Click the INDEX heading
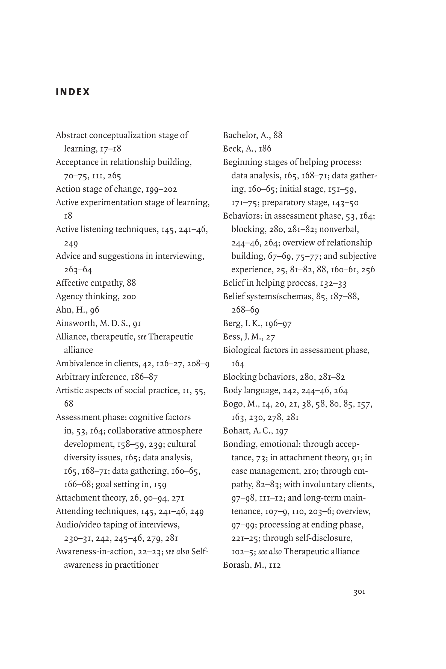click(x=73, y=92)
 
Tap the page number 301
click(x=359, y=592)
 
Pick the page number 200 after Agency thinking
click(x=129, y=297)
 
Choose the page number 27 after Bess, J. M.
click(x=270, y=337)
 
